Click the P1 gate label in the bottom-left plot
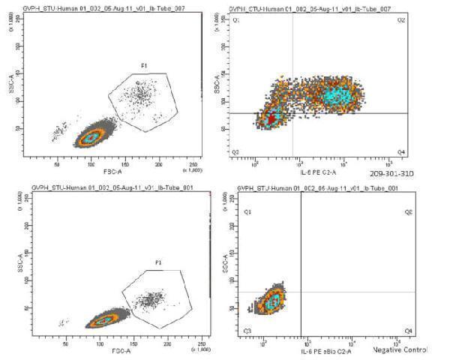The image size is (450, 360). pos(158,263)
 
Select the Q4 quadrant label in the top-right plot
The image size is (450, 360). pos(400,152)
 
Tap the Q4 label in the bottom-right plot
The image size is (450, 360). pos(408,330)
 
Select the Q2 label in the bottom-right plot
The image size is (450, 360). pos(408,212)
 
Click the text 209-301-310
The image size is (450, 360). pos(392,172)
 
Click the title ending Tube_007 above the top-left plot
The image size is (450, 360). pos(105,7)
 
